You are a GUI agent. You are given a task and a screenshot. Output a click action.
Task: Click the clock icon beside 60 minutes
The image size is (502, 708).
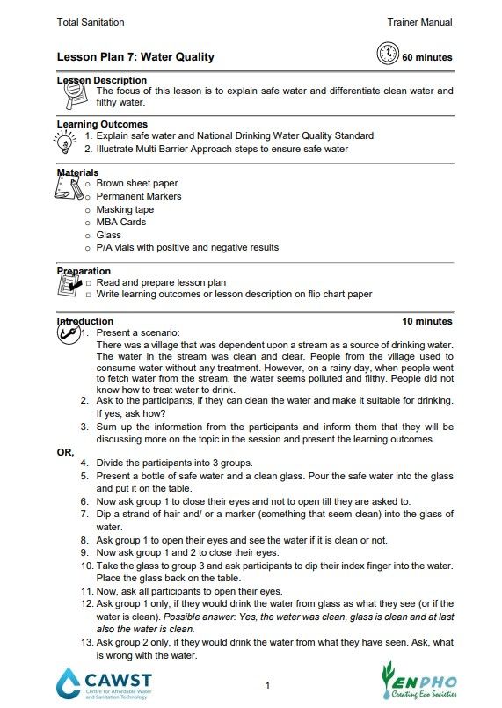pyautogui.click(x=386, y=55)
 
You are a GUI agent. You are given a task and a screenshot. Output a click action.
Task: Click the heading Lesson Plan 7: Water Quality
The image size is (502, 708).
pyautogui.click(x=135, y=57)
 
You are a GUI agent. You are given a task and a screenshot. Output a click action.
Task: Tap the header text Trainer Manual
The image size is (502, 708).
pyautogui.click(x=419, y=21)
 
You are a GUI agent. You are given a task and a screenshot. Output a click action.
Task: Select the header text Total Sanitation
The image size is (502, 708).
pyautogui.click(x=91, y=21)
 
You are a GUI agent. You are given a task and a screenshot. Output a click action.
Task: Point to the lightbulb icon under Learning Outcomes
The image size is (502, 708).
pyautogui.click(x=69, y=142)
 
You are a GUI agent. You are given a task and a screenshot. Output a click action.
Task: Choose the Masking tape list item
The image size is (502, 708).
pyautogui.click(x=125, y=209)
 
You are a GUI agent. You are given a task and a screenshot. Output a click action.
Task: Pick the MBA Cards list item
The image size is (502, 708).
pyautogui.click(x=120, y=223)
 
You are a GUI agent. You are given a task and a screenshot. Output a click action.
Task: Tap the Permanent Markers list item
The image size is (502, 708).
pyautogui.click(x=139, y=196)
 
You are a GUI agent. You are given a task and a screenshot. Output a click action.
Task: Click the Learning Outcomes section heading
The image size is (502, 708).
pyautogui.click(x=102, y=124)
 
